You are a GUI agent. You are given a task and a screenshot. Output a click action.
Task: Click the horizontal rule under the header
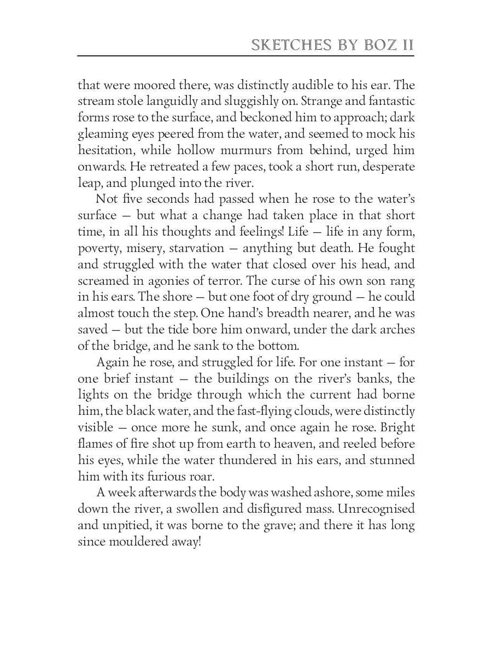[246, 55]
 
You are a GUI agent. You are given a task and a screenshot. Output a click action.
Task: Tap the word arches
[397, 330]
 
